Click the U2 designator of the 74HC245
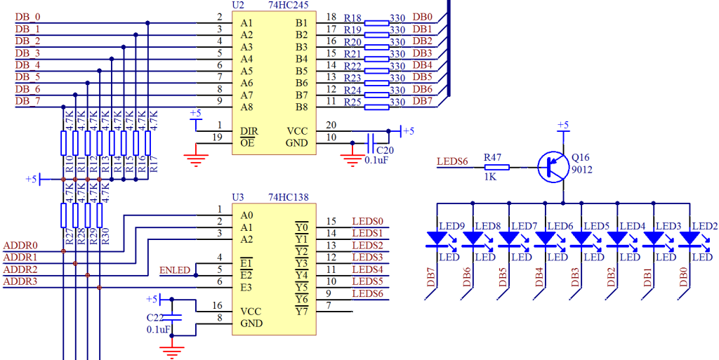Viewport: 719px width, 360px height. (x=237, y=6)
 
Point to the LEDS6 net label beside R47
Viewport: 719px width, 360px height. (x=453, y=162)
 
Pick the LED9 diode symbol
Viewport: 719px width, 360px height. (x=437, y=239)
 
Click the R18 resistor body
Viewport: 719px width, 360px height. (x=377, y=23)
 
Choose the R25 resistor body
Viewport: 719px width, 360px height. (x=377, y=107)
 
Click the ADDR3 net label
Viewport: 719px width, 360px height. (x=20, y=282)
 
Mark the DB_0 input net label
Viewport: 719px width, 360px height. (x=28, y=17)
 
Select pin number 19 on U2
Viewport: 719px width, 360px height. (x=218, y=137)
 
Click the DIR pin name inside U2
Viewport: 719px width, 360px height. (x=248, y=131)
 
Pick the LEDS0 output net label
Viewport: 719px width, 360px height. (x=367, y=222)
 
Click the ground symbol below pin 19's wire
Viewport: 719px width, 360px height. (x=197, y=158)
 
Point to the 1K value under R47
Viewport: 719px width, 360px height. (x=489, y=178)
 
